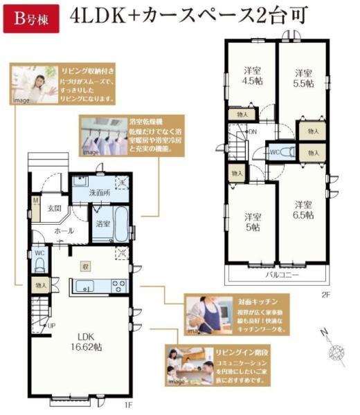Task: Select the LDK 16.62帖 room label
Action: coord(89,341)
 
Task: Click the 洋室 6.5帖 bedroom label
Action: coord(301,210)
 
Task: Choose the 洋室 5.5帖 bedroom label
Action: coord(301,77)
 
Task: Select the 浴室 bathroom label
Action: coord(103,224)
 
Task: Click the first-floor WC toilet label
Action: coord(39,254)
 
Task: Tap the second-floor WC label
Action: coord(274,151)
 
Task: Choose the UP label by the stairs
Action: coord(52,325)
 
